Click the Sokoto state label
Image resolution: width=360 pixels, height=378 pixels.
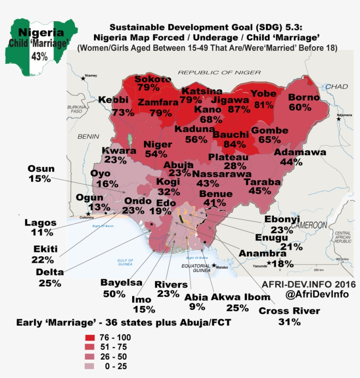pos(152,79)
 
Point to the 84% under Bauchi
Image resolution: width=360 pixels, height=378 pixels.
pos(234,144)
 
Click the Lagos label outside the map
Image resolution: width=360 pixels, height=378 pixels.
pos(40,222)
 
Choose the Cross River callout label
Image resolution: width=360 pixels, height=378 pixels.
pos(289,311)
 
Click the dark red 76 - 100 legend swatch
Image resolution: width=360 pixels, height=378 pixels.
pos(91,338)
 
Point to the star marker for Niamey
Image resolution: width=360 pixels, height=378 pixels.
pos(83,79)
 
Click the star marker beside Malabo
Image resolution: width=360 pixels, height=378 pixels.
pos(214,265)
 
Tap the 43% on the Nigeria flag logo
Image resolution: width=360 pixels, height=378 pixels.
pos(40,56)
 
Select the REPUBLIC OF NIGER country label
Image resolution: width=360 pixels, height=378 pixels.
pos(210,72)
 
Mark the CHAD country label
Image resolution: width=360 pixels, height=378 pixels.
pos(336,87)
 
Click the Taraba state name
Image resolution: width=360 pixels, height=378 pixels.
pos(262,182)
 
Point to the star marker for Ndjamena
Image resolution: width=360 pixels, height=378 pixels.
pos(338,119)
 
